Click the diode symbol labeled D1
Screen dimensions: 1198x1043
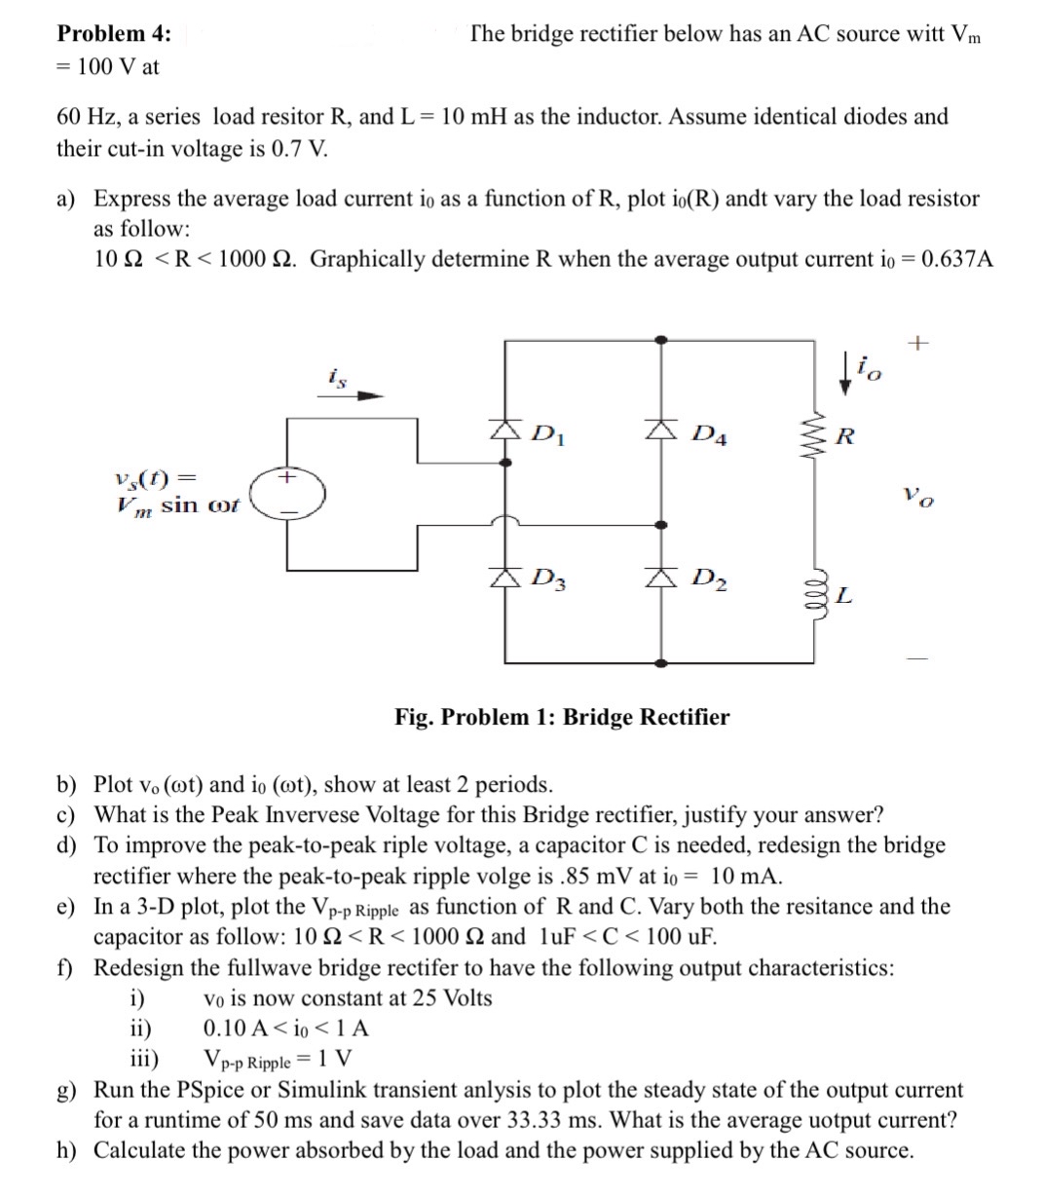[x=504, y=430]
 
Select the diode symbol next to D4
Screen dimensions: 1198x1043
[x=661, y=430]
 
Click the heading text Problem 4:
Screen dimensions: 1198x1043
[x=114, y=33]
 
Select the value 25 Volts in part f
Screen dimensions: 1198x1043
[x=449, y=998]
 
